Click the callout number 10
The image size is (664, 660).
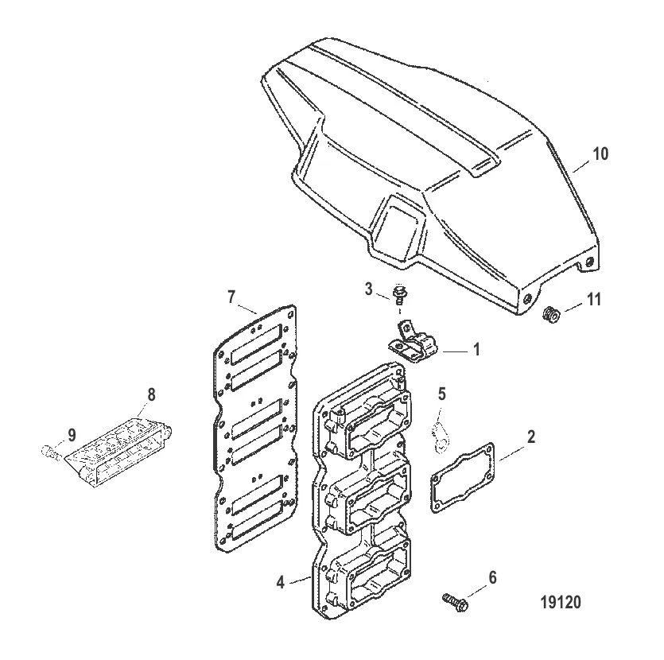point(600,153)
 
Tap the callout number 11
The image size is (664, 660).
point(594,299)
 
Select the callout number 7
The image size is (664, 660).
point(231,297)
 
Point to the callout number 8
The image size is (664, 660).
point(151,394)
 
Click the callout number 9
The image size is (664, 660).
point(72,435)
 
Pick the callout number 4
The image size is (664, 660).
point(281,583)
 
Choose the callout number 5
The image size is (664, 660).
point(441,394)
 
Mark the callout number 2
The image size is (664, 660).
point(531,437)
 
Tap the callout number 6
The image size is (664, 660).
point(492,577)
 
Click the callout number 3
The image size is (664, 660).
point(368,289)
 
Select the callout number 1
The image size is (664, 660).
point(476,350)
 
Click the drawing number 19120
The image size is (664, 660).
point(561,602)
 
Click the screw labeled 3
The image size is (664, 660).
point(398,295)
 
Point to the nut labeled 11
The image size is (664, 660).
point(552,315)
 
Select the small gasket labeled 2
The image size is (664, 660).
point(463,478)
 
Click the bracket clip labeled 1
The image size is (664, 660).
point(413,341)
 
